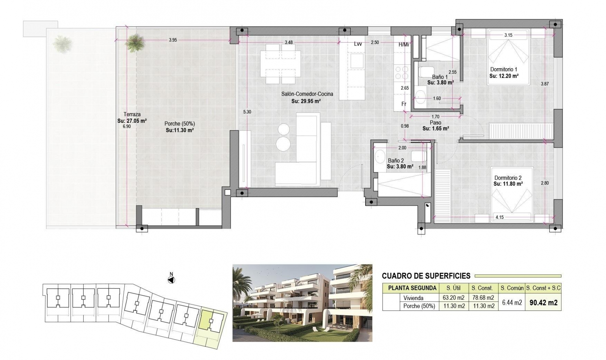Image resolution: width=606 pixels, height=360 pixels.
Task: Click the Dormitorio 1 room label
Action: pos(503,69)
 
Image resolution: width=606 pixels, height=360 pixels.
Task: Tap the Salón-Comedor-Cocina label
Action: pos(307,94)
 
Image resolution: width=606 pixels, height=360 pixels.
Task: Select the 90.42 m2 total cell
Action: pos(543,303)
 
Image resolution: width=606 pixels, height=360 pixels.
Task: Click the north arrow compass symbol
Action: pos(171,280)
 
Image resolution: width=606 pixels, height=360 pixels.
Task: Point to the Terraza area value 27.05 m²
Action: pos(132,121)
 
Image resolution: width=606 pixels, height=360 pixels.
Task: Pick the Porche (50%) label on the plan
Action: pos(179,124)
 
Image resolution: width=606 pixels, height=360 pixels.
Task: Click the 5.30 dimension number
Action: pos(247,112)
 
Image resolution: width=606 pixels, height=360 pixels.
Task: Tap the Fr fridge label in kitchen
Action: pos(404,104)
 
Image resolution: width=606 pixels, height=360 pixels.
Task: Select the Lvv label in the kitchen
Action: pos(358,44)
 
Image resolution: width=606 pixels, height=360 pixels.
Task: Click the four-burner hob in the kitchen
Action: pos(401,72)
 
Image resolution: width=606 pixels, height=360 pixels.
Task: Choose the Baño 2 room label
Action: pos(396,160)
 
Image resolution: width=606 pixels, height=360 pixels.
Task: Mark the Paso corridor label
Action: pos(435,123)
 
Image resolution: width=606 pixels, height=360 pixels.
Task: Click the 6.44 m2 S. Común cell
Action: pos(512,303)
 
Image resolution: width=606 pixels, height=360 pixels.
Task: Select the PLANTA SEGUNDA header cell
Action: pos(412,288)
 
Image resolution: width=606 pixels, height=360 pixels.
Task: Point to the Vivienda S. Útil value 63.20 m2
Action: pos(454,298)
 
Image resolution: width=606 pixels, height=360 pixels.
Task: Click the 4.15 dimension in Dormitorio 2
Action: pos(499,217)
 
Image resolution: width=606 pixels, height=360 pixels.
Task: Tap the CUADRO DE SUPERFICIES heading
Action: pos(426,276)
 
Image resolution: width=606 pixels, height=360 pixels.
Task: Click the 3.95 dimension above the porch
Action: pos(173,40)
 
